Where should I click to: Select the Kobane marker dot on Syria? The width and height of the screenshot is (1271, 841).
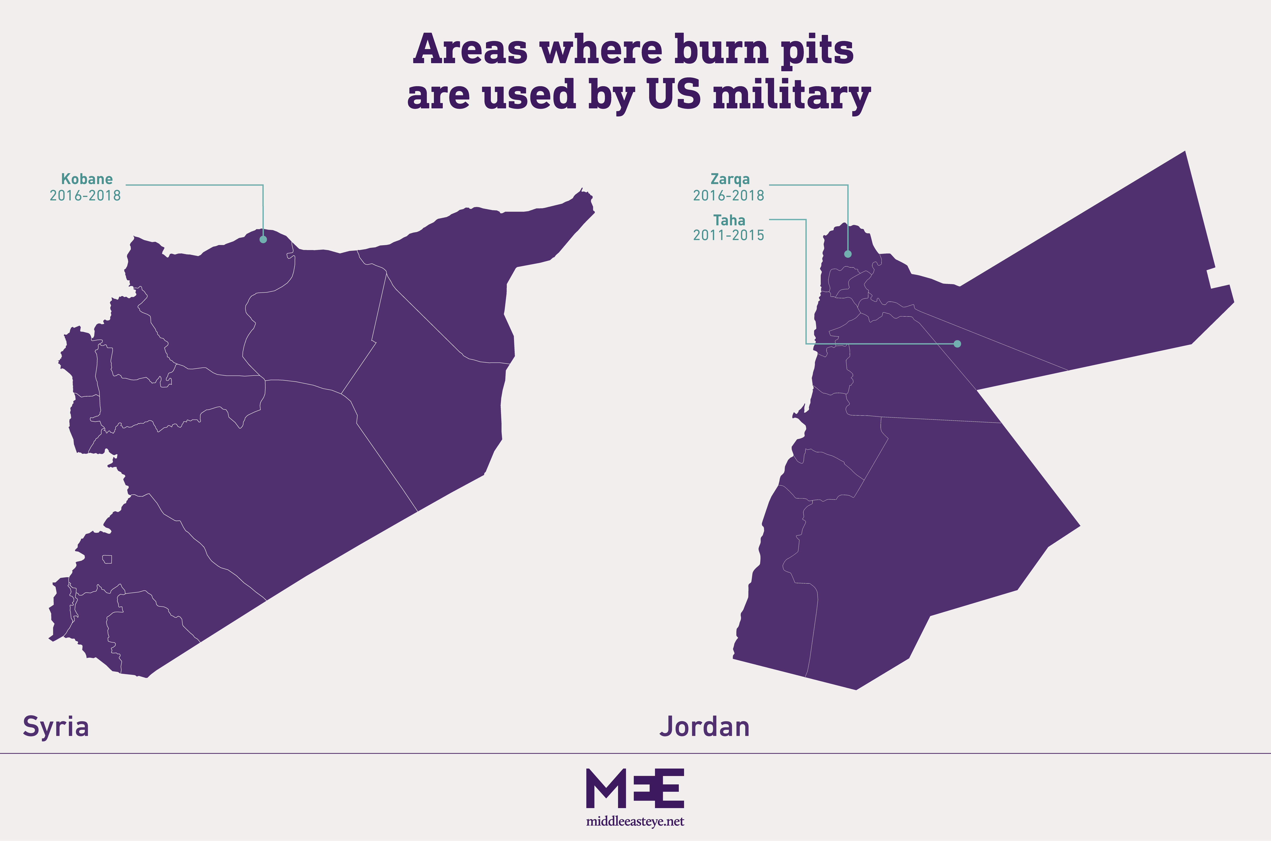click(x=263, y=239)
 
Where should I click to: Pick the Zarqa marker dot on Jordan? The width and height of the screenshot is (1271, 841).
click(x=848, y=254)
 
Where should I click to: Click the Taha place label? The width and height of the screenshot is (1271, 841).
click(x=729, y=220)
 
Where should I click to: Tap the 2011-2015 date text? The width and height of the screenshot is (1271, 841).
click(x=728, y=236)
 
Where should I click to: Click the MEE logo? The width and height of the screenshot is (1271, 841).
click(x=635, y=789)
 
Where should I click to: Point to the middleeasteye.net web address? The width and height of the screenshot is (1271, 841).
click(x=635, y=822)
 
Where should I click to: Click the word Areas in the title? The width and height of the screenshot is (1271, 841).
click(x=470, y=49)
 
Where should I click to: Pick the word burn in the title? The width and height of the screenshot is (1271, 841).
click(x=722, y=49)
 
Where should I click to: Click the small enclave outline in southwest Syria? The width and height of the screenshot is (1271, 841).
click(x=107, y=559)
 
